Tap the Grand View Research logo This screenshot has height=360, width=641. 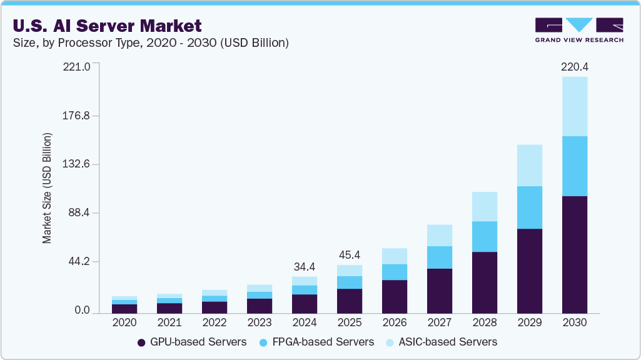pyautogui.click(x=578, y=29)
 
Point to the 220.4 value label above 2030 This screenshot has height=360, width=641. pyautogui.click(x=574, y=66)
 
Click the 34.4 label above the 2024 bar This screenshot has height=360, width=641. pyautogui.click(x=304, y=266)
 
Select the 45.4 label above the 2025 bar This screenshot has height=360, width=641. pyautogui.click(x=349, y=255)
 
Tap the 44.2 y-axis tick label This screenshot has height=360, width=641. pyautogui.click(x=80, y=261)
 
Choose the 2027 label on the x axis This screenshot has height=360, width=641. pyautogui.click(x=439, y=323)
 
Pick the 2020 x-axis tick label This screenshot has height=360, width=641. pyautogui.click(x=124, y=323)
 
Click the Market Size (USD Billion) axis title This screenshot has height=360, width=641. pyautogui.click(x=48, y=188)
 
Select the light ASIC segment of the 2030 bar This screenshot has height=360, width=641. pyautogui.click(x=574, y=106)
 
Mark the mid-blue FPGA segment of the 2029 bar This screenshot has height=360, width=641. pyautogui.click(x=529, y=207)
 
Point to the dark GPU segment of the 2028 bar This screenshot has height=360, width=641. pyautogui.click(x=484, y=282)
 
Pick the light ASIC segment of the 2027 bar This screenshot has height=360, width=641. pyautogui.click(x=439, y=236)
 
